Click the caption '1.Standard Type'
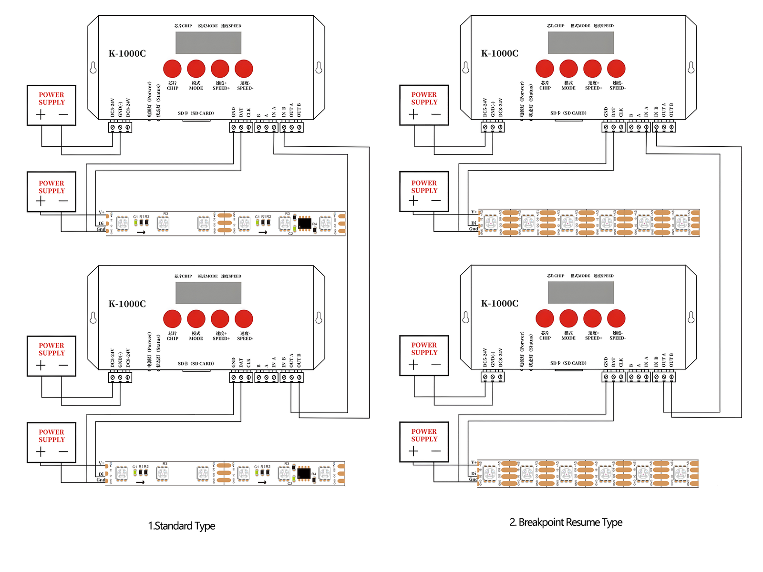point(182,526)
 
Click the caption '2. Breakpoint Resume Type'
point(566,522)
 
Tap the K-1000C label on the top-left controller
point(127,53)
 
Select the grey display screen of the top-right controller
point(580,43)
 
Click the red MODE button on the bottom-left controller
point(196,319)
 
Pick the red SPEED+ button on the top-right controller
point(592,69)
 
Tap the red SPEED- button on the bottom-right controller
point(616,318)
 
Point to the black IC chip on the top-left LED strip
point(304,223)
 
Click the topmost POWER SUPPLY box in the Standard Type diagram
point(52,105)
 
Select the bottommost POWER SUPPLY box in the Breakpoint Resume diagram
point(424,442)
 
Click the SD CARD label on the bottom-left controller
point(196,364)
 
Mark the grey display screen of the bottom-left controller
point(208,293)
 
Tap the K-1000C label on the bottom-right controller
point(499,304)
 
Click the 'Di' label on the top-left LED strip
point(101,223)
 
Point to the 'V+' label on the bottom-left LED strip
point(101,463)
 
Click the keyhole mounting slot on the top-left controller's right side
point(319,68)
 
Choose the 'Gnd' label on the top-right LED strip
point(473,229)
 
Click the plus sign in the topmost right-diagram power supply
point(413,114)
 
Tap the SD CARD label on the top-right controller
point(568,113)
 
